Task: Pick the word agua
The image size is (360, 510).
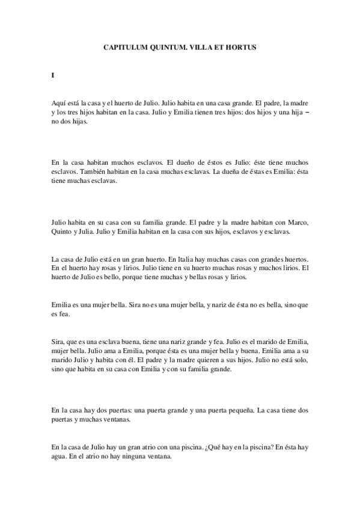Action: (x=60, y=456)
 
